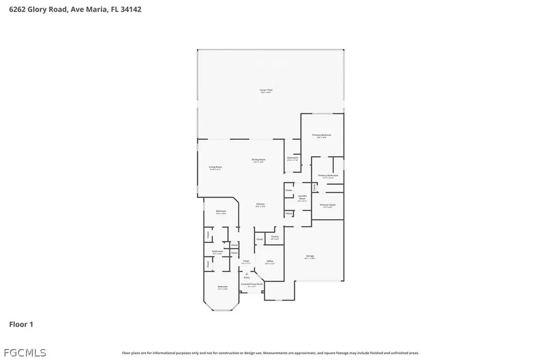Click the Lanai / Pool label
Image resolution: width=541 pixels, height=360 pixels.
(x=266, y=90)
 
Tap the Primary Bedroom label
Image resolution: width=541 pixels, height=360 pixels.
(x=322, y=136)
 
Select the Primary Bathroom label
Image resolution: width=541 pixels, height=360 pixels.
(x=328, y=175)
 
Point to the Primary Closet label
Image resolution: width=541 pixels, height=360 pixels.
(x=328, y=205)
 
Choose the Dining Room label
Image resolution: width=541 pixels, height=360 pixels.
(x=258, y=159)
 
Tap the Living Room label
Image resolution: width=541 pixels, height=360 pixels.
(x=215, y=167)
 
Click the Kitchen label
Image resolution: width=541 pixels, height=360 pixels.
(x=260, y=204)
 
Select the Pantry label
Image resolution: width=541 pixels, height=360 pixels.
(x=275, y=236)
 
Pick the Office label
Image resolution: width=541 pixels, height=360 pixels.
(x=269, y=261)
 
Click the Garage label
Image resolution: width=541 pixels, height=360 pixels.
(x=310, y=257)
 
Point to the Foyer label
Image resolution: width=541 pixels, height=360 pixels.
(x=246, y=261)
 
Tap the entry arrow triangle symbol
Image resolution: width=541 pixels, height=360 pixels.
(x=247, y=273)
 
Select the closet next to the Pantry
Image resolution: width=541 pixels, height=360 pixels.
(x=259, y=240)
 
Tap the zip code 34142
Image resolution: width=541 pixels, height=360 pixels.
(x=130, y=9)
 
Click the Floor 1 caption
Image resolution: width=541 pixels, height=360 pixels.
(x=21, y=324)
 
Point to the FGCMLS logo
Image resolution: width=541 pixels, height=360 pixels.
(x=24, y=352)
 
